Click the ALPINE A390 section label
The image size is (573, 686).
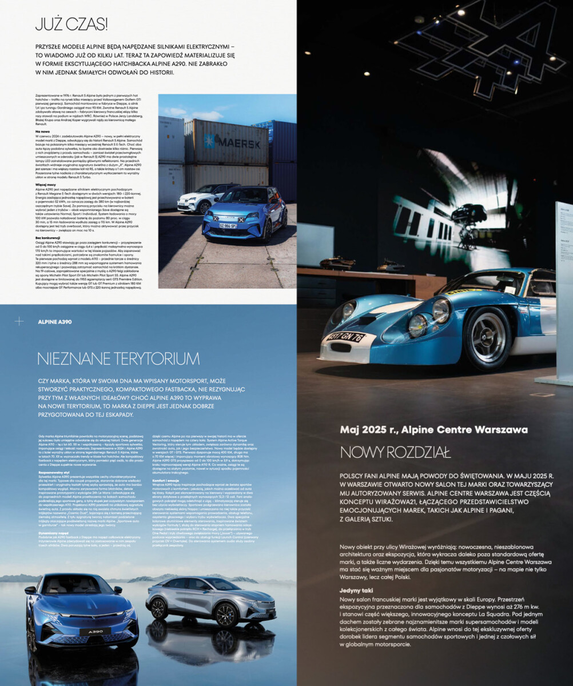[x=55, y=322]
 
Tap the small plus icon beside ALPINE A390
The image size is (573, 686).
[x=19, y=321]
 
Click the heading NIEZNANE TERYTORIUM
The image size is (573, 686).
[x=118, y=359]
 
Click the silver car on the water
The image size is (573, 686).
[x=212, y=600]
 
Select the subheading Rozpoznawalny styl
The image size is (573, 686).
[x=54, y=473]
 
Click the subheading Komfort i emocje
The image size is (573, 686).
[x=166, y=481]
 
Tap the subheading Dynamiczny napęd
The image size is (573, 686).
[x=54, y=533]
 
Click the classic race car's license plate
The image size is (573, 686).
[x=345, y=337]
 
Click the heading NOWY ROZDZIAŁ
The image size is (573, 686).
[x=395, y=452]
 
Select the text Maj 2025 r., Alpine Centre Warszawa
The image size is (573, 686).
[x=433, y=430]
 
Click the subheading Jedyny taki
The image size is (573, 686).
[x=356, y=590]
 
